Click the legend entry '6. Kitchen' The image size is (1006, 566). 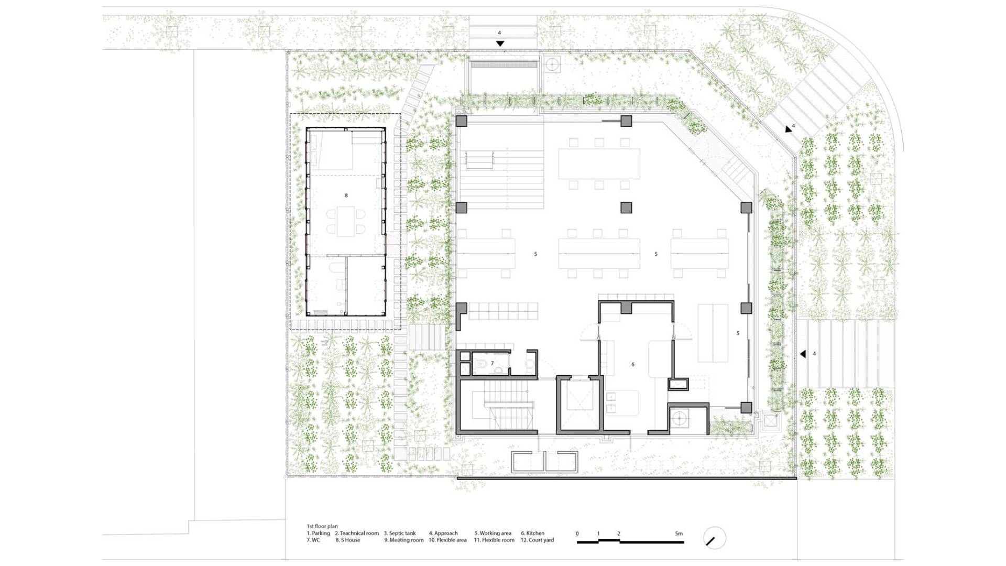[532, 533]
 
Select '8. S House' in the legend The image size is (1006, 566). [348, 540]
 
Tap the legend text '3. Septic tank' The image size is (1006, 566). [400, 533]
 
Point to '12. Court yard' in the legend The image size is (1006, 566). [537, 540]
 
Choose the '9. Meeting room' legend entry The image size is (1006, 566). [404, 540]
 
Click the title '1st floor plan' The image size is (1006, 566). [322, 526]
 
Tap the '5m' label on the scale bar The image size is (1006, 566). [679, 534]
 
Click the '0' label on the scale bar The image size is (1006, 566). [577, 534]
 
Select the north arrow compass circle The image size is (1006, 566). [714, 538]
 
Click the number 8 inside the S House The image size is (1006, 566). [346, 195]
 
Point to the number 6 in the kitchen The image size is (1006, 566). [633, 364]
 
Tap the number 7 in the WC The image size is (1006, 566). [492, 363]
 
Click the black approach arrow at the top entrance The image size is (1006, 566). [500, 43]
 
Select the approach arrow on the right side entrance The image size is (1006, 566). [803, 354]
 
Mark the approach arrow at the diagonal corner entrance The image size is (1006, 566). [789, 129]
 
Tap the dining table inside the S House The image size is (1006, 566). [346, 221]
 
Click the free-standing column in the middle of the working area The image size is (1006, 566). [626, 208]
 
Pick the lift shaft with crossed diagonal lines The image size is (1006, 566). [578, 404]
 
